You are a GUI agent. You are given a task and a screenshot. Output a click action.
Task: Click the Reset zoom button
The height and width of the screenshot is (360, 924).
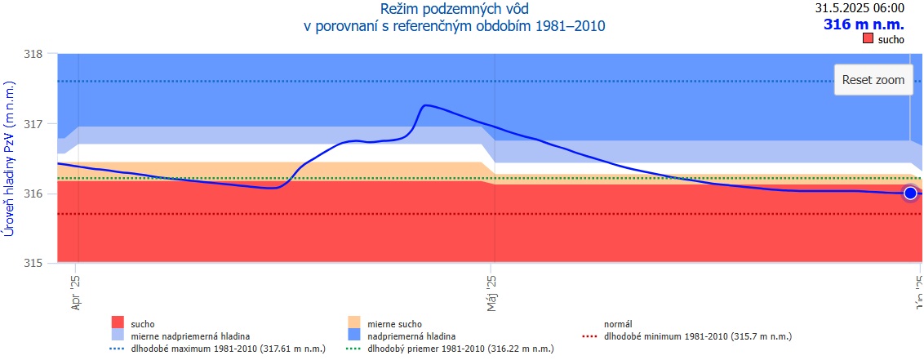click(873, 80)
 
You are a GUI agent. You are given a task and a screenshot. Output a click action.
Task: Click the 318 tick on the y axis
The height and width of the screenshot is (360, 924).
click(33, 54)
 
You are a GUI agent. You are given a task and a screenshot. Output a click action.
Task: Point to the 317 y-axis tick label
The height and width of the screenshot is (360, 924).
click(33, 124)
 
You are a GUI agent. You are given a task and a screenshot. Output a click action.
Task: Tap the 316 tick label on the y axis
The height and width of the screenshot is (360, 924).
click(33, 194)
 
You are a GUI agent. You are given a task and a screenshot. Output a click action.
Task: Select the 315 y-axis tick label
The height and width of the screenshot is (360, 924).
click(33, 264)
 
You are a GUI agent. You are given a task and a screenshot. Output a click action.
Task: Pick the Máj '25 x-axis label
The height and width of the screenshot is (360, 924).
click(491, 292)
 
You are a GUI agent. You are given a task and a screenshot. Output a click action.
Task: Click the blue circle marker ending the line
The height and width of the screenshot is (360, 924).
click(910, 193)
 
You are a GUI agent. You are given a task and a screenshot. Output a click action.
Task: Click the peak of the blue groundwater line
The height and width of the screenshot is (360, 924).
click(425, 105)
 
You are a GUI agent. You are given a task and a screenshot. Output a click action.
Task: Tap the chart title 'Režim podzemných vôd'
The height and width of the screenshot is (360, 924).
click(453, 10)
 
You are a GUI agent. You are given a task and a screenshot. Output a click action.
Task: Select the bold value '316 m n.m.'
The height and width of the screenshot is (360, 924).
click(864, 24)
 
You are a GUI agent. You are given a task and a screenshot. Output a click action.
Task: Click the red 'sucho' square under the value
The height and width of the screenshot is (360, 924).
click(868, 39)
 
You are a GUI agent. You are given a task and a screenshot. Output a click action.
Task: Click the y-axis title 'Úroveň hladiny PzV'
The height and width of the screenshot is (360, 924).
click(10, 159)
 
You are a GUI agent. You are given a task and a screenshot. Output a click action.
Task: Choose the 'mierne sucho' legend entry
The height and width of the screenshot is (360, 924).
click(396, 324)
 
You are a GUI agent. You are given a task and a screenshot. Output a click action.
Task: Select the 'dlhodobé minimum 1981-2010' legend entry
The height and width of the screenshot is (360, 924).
click(695, 336)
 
